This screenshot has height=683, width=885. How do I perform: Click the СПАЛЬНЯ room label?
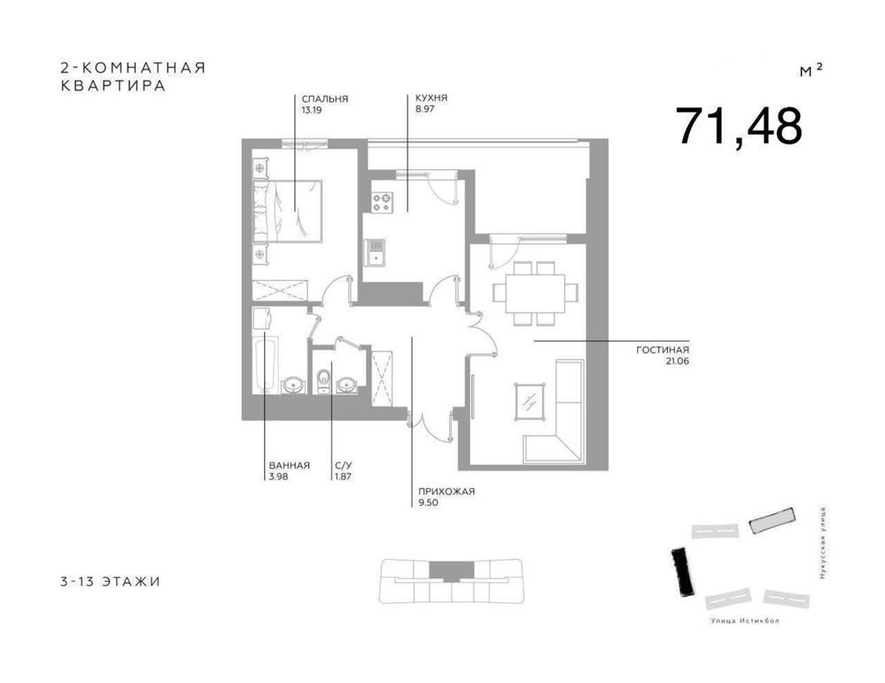(324, 99)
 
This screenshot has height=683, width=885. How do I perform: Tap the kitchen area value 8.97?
(424, 110)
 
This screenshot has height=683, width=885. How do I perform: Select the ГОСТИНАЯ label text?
(663, 350)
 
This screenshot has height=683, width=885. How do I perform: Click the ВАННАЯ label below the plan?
(290, 466)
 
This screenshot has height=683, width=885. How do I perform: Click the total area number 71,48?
(739, 126)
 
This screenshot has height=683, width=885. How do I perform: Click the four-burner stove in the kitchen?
(382, 202)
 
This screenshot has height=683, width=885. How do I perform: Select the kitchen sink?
(376, 252)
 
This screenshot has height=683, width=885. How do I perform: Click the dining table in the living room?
(535, 293)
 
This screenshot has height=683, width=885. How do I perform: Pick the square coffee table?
(531, 402)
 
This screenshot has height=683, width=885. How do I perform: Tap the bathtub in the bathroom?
(265, 365)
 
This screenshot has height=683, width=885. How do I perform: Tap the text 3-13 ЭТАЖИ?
(110, 581)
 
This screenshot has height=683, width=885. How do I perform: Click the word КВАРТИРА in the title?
(113, 86)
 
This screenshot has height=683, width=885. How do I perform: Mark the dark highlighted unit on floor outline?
(452, 570)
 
